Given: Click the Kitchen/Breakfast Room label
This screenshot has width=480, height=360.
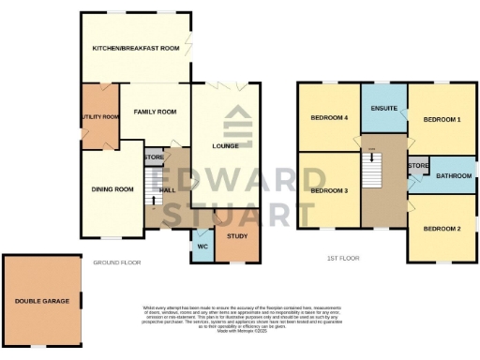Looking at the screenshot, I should (135, 48).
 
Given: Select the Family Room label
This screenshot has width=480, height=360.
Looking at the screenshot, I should (155, 112).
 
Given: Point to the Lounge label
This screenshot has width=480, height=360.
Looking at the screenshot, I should (226, 145).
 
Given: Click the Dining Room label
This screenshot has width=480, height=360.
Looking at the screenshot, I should (112, 189).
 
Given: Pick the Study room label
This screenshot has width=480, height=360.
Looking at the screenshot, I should (237, 235).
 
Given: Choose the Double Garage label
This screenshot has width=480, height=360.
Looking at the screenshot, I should (40, 301).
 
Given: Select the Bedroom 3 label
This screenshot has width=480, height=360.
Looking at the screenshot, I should (330, 190).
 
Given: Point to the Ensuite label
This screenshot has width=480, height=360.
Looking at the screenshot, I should (384, 109).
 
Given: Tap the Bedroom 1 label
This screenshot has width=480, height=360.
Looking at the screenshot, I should (442, 120).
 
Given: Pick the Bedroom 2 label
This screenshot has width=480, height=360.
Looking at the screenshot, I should (441, 229).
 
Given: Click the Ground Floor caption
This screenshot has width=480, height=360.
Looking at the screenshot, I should (117, 262).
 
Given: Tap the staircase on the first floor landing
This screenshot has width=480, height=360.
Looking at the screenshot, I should (372, 170).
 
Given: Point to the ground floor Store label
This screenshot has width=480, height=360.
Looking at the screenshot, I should (154, 157).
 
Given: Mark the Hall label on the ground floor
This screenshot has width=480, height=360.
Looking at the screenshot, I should (169, 190).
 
